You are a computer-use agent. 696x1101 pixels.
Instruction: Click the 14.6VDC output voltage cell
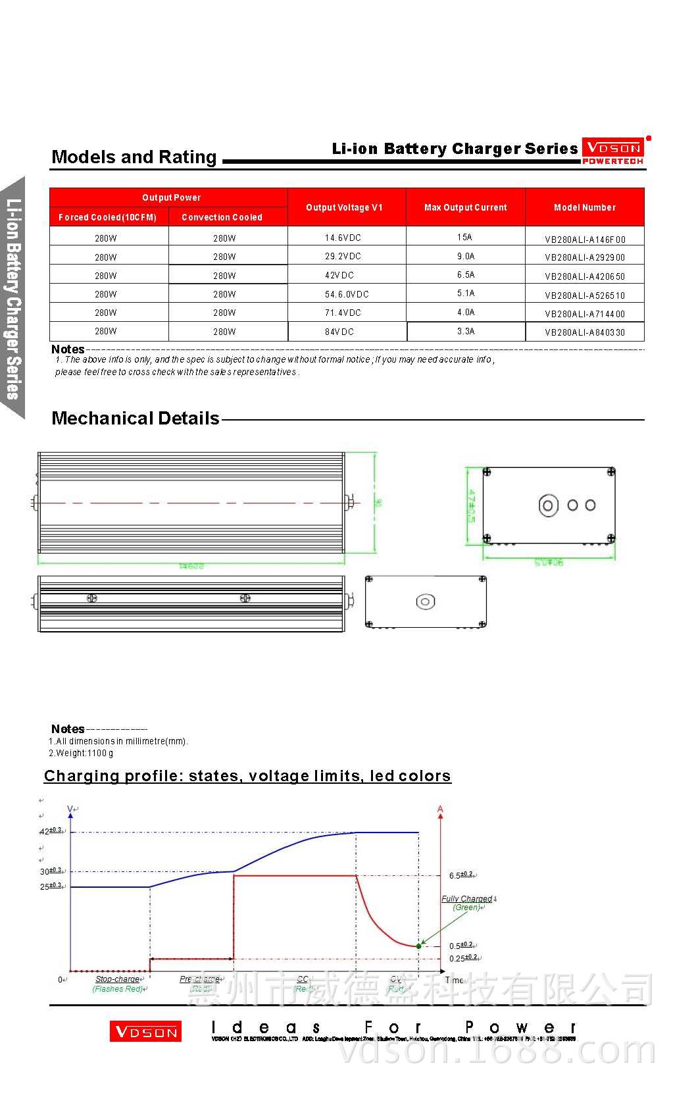pos(343,238)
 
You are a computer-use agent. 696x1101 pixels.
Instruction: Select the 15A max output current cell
pos(465,237)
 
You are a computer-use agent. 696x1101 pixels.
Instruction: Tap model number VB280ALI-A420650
pos(585,276)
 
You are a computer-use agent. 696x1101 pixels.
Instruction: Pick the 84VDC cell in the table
pos(339,332)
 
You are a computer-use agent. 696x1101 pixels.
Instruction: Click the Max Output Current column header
pos(465,207)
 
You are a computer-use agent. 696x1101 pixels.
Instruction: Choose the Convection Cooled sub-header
pos(222,217)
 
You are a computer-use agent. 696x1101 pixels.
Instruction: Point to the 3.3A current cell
pos(466,331)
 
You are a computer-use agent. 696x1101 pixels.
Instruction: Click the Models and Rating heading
pos(134,157)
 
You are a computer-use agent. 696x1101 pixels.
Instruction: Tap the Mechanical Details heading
pos(136,419)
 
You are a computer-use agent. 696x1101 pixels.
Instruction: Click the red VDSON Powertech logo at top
pos(612,151)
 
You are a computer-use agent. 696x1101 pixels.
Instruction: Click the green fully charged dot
pos(419,946)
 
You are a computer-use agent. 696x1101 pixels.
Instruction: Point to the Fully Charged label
pos(466,899)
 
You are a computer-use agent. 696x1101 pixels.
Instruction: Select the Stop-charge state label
pos(117,979)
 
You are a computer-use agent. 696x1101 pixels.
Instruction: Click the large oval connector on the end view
pos(548,505)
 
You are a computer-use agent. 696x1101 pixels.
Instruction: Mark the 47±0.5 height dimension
pos(471,505)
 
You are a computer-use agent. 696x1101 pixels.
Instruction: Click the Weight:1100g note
pos(82,753)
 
